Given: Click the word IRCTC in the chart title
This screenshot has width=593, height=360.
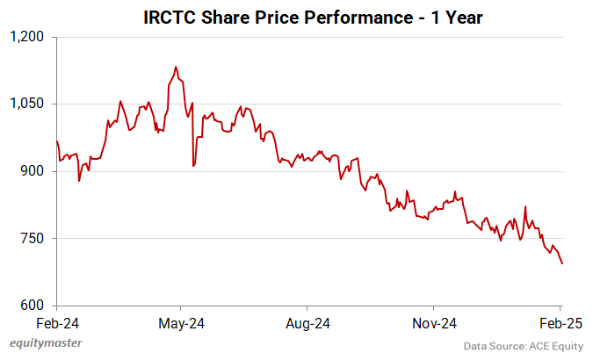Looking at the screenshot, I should click(168, 17).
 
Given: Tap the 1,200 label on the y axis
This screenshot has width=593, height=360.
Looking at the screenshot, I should click(26, 37).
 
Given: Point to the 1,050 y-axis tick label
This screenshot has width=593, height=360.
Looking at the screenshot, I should click(26, 104).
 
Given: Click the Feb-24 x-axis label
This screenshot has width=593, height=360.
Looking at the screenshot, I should click(56, 322).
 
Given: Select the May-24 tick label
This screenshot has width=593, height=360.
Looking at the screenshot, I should click(180, 322).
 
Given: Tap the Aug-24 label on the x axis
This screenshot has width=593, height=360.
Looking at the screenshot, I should click(308, 322).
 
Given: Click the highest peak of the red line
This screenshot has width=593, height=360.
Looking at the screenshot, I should click(176, 67).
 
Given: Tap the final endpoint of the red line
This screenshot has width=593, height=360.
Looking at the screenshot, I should click(562, 263).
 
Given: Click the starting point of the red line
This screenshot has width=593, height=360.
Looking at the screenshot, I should click(57, 141).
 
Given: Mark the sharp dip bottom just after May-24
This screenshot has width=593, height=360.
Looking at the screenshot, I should click(193, 165).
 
